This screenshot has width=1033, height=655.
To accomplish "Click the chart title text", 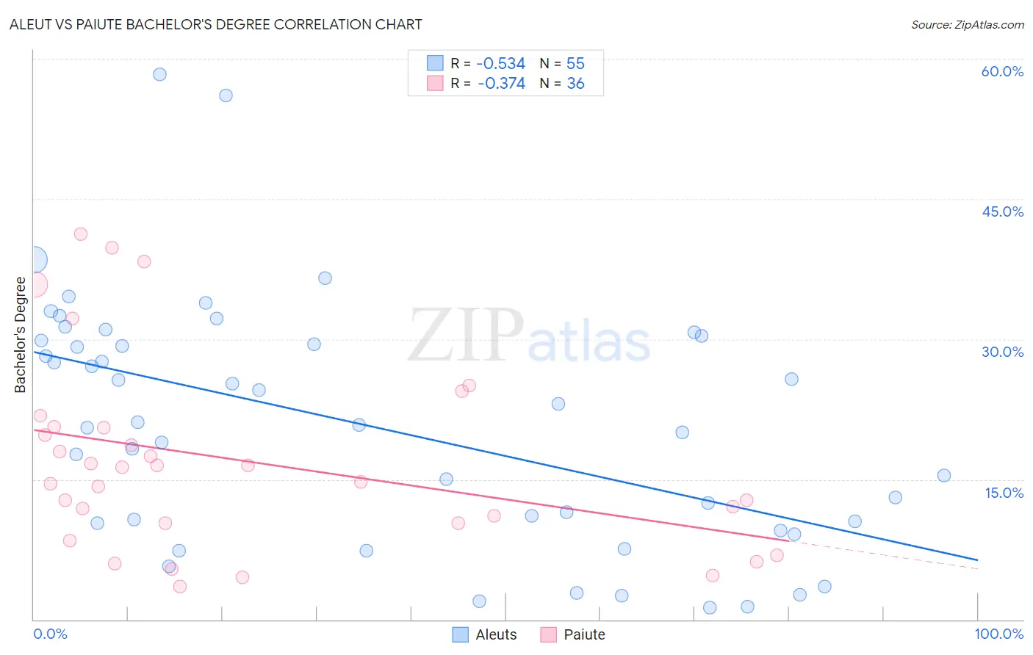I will click(215, 24).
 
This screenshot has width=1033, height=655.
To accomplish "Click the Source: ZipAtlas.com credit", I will click(967, 25).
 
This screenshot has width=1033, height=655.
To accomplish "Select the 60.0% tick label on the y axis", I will click(1002, 71).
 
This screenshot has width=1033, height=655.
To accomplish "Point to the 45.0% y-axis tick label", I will click(1002, 211).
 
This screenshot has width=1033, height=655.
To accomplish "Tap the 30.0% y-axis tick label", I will click(1002, 352).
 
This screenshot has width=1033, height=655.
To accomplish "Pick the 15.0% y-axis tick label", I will click(1004, 493).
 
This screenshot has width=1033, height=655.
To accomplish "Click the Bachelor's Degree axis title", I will click(20, 335).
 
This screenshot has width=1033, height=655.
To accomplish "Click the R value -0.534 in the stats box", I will click(500, 63).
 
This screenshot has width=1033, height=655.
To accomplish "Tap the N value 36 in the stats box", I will click(575, 84).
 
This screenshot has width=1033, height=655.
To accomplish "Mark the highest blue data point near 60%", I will click(159, 74).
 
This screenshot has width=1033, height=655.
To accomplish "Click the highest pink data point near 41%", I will click(81, 234).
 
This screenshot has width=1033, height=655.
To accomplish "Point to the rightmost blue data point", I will click(944, 475).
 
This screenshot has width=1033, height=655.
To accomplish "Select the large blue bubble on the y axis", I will click(34, 259).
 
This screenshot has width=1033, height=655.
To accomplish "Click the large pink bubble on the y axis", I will click(35, 284).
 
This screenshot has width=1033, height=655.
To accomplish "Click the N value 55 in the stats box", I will click(575, 63).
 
